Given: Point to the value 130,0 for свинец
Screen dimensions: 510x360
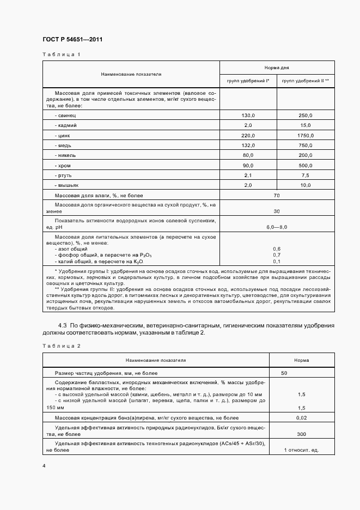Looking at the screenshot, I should pos(248,116).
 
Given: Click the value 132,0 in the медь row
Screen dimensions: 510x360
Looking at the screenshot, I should pos(248,145).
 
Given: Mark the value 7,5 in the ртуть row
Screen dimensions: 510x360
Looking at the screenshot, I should pos(305,175).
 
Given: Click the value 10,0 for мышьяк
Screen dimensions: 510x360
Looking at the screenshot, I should pos(305,185).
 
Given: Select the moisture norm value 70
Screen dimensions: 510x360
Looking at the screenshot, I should pos(277,195).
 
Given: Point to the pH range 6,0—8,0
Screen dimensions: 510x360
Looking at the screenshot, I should pos(277,226).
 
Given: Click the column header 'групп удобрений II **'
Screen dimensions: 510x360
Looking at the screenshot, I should pos(305,81).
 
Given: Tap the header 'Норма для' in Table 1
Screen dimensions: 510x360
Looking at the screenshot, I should pos(277,68).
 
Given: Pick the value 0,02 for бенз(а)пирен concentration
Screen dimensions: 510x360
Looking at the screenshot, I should pos(302,417).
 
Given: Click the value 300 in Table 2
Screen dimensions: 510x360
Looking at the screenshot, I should pos(302,434).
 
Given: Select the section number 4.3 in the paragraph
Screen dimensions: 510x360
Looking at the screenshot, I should pos(62,325).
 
